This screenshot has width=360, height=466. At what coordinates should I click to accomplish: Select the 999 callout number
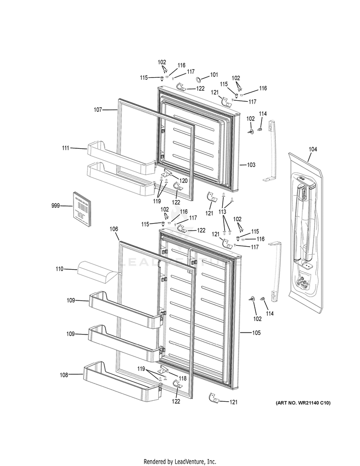click(x=56, y=206)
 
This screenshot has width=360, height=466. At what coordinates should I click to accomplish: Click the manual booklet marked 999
click(x=82, y=209)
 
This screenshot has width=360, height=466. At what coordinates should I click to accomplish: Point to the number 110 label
click(x=59, y=269)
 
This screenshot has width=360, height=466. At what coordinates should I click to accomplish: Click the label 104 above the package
click(x=312, y=150)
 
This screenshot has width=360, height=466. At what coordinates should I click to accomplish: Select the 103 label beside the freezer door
click(x=251, y=165)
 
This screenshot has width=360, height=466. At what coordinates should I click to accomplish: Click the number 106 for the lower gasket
click(x=114, y=229)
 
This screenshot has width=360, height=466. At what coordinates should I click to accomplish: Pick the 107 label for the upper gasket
click(x=98, y=110)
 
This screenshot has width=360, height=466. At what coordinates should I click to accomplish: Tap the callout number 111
click(x=66, y=148)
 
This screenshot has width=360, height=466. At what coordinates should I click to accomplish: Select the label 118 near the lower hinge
click(x=183, y=379)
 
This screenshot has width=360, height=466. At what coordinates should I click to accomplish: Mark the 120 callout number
click(x=183, y=181)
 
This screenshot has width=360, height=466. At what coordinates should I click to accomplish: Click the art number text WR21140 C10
click(x=303, y=402)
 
